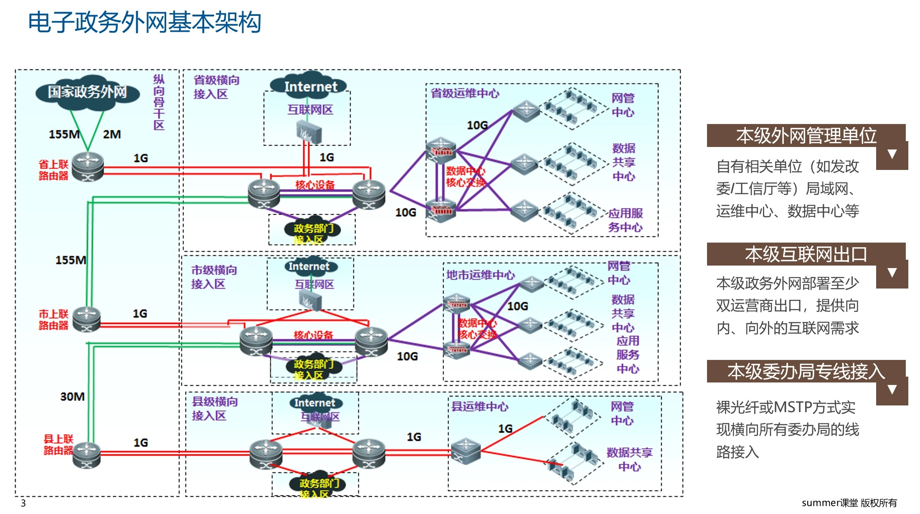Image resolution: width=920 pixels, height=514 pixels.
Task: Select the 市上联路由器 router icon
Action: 86,319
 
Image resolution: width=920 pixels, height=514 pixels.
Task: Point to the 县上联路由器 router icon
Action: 86,455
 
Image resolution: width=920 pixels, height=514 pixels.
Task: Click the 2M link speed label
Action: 112,134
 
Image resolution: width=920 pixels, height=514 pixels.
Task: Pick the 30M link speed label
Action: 72,396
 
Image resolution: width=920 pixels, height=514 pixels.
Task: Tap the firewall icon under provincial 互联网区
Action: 309,132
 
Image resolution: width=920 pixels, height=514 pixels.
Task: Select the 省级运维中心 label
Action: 464,94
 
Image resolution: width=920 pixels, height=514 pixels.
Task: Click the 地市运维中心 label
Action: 480,275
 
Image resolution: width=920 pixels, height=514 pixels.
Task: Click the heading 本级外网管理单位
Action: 806,136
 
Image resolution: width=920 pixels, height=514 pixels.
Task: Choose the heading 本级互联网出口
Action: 806,254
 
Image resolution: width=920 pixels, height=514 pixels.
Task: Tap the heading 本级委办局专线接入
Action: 806,371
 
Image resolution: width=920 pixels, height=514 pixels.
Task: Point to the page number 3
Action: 23,503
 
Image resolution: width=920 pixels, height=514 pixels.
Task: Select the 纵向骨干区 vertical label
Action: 159,102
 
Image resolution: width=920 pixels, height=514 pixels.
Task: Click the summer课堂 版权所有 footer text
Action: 849,503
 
